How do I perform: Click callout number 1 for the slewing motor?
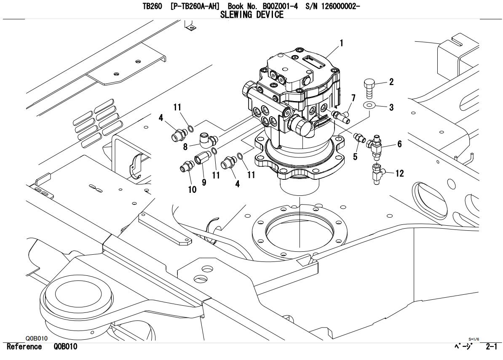point(342,43)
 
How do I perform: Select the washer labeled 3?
point(369,105)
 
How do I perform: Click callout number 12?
point(399,173)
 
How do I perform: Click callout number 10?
point(192,189)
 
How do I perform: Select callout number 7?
point(353,98)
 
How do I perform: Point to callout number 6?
point(399,144)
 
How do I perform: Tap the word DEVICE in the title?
point(270,15)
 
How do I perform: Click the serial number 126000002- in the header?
point(338,6)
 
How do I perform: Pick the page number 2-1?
point(491,347)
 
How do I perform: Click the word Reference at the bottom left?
point(24,347)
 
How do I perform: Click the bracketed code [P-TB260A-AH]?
point(195,6)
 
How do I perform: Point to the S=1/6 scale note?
point(474,339)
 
